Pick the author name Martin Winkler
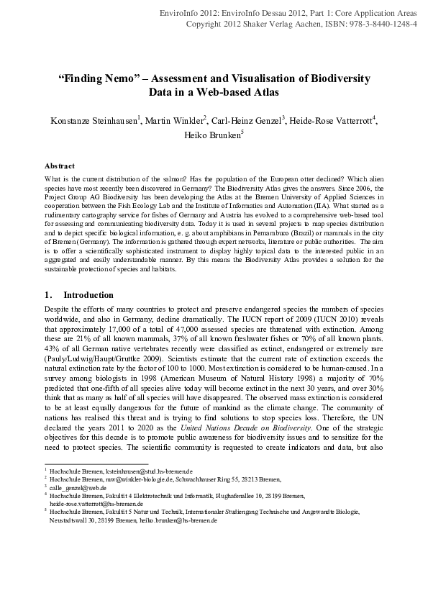[175, 119]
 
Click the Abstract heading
[59, 166]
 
